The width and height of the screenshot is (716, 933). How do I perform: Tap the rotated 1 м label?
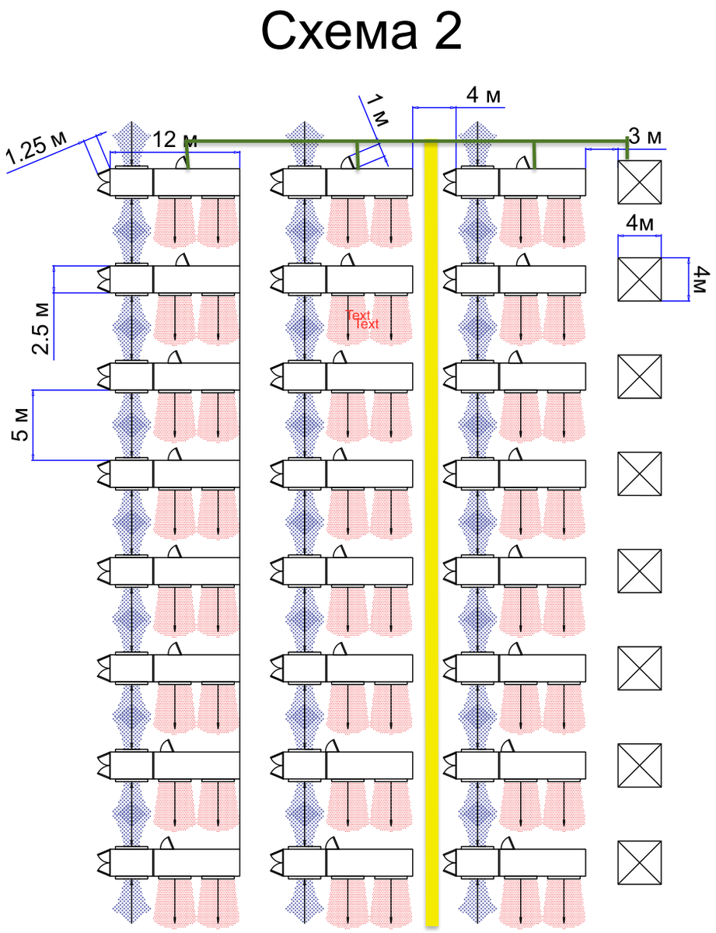[x=378, y=110]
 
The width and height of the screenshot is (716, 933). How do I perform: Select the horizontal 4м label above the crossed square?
[x=639, y=224]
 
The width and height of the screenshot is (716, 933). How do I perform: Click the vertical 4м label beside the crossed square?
[x=699, y=280]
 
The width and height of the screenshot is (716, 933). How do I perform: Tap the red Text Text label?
[x=363, y=319]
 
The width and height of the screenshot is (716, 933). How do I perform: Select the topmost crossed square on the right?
[x=639, y=182]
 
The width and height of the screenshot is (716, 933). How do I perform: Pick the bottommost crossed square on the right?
[x=639, y=862]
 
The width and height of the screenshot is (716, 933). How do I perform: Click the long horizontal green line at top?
[x=404, y=141]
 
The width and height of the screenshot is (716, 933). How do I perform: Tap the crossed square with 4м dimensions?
[x=639, y=279]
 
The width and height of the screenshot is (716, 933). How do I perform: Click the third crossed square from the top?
[x=639, y=376]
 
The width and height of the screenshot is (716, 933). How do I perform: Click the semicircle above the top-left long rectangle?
[x=180, y=162]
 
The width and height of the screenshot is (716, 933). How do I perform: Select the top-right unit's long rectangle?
[x=542, y=182]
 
